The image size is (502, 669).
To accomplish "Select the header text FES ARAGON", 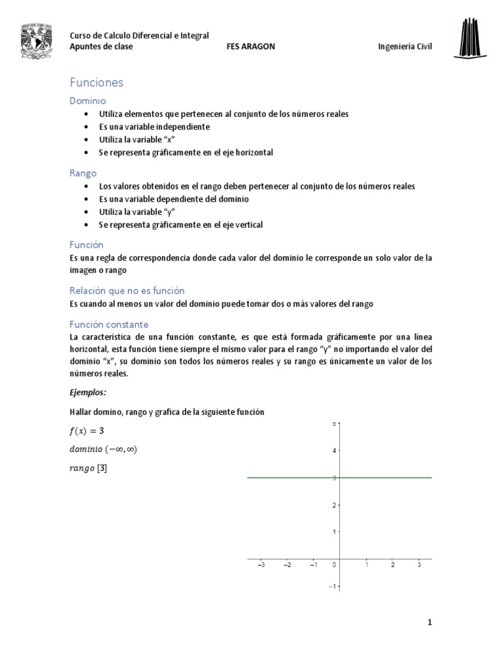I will coord(250,47).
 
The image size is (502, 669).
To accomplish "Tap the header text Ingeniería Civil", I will coord(405,47).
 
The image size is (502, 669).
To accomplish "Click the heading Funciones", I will coord(96,83).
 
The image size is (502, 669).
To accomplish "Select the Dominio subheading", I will coord(88,101).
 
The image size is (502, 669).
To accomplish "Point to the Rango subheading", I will coord(83,173).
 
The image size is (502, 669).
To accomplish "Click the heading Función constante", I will coord(109,324).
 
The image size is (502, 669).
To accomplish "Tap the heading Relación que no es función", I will coord(127,291).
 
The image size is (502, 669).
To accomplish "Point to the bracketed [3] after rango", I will coord(102,468).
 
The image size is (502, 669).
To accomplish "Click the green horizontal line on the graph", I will coord(379,478).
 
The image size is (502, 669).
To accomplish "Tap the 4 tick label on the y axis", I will coord(333,450).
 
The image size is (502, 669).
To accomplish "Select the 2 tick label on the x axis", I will coord(392,565).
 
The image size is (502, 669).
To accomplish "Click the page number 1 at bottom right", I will coord(429,623).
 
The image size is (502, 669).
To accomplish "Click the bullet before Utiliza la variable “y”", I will coord(87,212).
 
